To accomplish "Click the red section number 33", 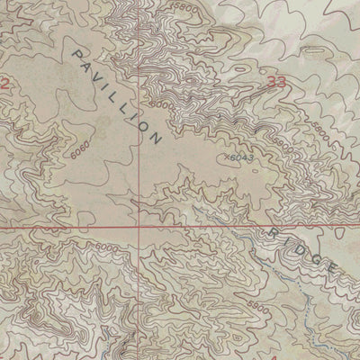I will point(278,82).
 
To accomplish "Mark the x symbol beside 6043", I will point(223,157).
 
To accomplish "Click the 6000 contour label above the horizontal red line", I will point(162,105).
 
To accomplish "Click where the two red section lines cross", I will point(139,228).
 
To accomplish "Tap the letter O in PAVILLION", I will point(144,127).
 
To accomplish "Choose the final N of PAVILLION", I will point(157,139).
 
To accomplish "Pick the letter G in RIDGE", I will point(314,258).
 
